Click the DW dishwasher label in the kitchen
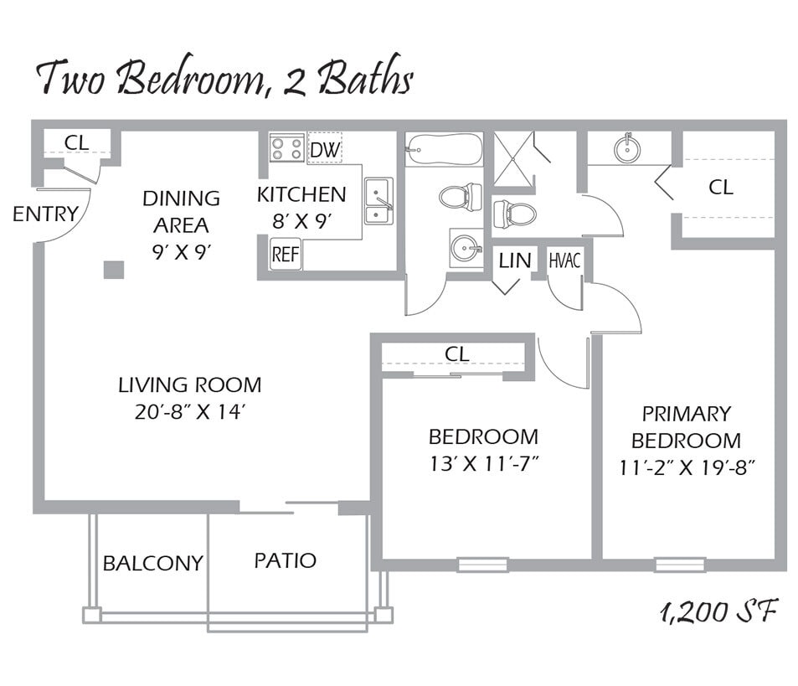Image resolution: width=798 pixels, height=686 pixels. point(324,150)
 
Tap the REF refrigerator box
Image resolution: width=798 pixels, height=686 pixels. point(286,254)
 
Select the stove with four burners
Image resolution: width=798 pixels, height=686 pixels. point(286,149)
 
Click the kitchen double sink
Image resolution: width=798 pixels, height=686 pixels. point(378,201)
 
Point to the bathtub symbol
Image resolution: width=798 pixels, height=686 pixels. point(443,150)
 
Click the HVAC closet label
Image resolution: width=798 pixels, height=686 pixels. point(564,260)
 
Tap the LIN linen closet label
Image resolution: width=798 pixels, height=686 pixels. point(515,260)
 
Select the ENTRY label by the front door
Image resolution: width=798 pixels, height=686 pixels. point(44,214)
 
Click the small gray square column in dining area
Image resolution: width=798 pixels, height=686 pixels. point(114,270)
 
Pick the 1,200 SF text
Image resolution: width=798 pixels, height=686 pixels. point(718,612)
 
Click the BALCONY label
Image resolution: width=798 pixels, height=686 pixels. point(152,563)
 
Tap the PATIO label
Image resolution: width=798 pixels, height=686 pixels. point(285,560)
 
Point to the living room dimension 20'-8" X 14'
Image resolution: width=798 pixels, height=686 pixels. point(189,411)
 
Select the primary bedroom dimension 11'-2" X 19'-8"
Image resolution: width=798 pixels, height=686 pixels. point(687,467)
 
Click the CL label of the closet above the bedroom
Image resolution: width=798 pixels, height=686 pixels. point(457,354)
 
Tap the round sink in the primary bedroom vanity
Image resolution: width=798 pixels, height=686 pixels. point(628,149)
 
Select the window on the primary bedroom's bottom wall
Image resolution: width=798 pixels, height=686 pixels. point(679,565)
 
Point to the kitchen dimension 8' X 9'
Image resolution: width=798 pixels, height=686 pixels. point(301,221)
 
